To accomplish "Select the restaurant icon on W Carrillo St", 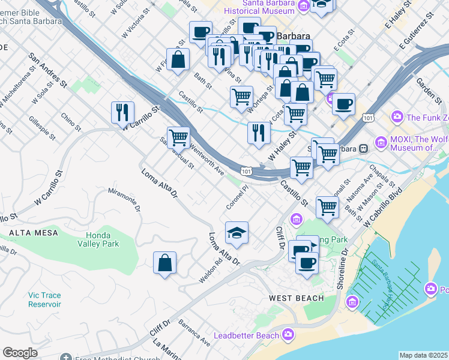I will (x=122, y=112).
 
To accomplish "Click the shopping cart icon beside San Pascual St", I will (x=178, y=138).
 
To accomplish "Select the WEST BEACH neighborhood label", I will (x=296, y=298).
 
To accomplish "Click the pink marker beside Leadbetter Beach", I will (x=289, y=334).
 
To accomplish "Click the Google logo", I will (x=20, y=353).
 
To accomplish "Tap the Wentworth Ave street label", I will (x=206, y=158).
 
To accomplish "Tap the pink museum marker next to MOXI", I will (x=380, y=143).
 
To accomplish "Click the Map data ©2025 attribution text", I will (x=423, y=355).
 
